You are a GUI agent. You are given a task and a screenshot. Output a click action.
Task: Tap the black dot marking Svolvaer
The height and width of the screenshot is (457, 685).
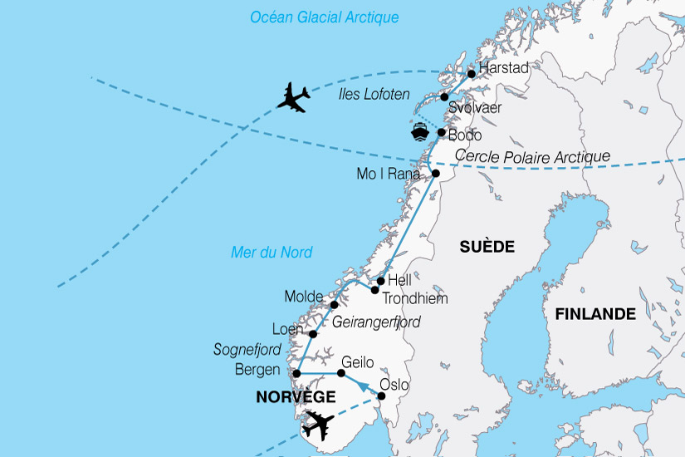tap(444, 97)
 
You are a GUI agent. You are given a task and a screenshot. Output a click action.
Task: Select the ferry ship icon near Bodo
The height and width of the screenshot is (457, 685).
tap(420, 133)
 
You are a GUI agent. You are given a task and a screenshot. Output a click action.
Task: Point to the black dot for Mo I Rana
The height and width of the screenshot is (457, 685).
tap(436, 174)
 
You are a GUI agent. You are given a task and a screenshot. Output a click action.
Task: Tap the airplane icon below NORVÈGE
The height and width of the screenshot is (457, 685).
tap(318, 425)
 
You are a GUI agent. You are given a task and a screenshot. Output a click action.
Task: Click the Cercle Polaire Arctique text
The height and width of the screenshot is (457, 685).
tap(533, 156)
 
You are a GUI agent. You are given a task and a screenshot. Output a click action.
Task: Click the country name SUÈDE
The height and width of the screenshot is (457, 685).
tap(487, 247)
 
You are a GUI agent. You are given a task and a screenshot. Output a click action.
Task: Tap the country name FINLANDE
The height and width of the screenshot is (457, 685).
tap(595, 314)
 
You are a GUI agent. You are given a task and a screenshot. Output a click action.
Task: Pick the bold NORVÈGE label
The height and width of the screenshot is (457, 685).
tap(295, 397)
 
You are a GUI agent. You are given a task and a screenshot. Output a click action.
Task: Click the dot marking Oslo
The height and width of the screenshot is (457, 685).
tap(381, 396)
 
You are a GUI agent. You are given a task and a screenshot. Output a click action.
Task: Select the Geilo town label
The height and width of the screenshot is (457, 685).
tap(358, 362)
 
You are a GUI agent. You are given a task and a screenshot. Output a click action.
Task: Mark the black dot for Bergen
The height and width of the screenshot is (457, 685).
tap(296, 374)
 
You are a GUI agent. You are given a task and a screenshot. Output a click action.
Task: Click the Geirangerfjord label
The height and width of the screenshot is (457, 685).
tap(376, 322)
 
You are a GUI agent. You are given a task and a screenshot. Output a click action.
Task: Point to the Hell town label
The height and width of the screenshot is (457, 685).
tap(399, 281)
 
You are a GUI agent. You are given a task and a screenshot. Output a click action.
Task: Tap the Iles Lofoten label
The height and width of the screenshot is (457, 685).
tap(374, 95)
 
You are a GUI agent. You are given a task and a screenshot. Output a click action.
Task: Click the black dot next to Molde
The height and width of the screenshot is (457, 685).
tap(335, 305)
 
